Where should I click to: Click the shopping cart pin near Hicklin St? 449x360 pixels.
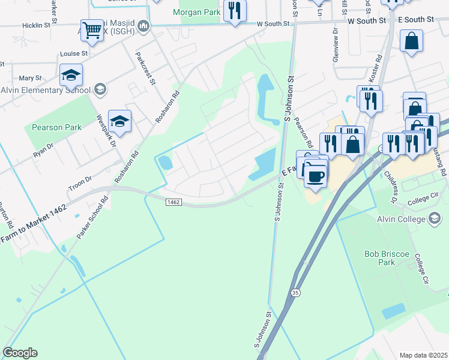91,29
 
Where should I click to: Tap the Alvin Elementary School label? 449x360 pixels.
45,90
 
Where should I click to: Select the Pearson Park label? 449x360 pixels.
56,127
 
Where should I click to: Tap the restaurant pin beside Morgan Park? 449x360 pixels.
235,11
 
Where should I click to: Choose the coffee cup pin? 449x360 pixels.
315,175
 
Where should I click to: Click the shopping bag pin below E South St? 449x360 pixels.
412,41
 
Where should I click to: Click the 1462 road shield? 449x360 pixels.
173,202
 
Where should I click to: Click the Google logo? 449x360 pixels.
20,353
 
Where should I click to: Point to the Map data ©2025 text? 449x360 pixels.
423,355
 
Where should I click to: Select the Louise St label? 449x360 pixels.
74,53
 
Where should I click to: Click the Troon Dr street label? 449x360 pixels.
80,179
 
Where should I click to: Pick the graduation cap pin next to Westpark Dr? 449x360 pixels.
119,122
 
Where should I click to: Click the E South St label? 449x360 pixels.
415,20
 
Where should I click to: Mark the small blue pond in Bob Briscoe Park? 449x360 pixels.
393,311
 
